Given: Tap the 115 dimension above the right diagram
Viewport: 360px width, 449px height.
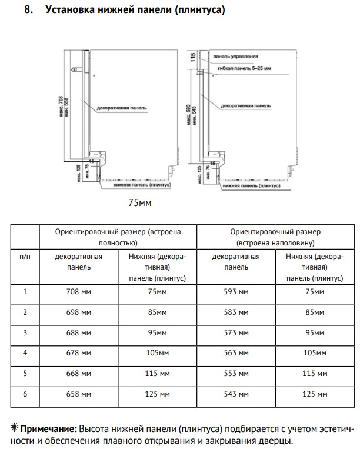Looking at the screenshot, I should tap(192, 57).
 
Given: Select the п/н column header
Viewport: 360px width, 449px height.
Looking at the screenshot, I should tap(25, 257).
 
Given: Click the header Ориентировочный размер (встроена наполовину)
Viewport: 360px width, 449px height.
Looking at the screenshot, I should tap(275, 237).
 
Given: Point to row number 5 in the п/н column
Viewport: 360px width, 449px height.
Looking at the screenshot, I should tap(25, 373).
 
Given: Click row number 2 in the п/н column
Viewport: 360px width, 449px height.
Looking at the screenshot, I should tap(25, 312).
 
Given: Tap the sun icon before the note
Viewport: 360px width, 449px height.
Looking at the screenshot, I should tap(15, 427).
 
